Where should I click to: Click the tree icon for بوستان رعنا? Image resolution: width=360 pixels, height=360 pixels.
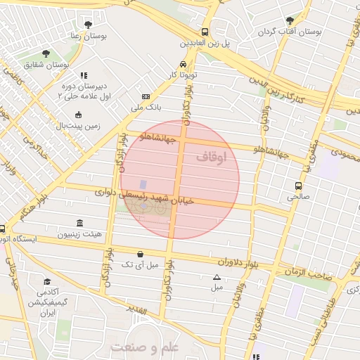[87, 25]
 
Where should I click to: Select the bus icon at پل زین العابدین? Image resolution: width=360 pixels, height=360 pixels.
[205, 32]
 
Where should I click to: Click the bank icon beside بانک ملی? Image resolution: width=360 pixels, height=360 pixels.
[146, 96]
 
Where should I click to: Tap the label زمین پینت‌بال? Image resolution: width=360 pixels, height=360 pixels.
[79, 126]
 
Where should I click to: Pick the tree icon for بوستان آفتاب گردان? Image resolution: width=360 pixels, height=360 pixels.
[290, 21]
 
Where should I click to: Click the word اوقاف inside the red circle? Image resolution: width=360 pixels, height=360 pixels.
[212, 159]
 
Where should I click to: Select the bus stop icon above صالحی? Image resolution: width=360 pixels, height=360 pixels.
[299, 186]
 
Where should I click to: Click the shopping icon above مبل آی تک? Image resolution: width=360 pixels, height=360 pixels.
[141, 254]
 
